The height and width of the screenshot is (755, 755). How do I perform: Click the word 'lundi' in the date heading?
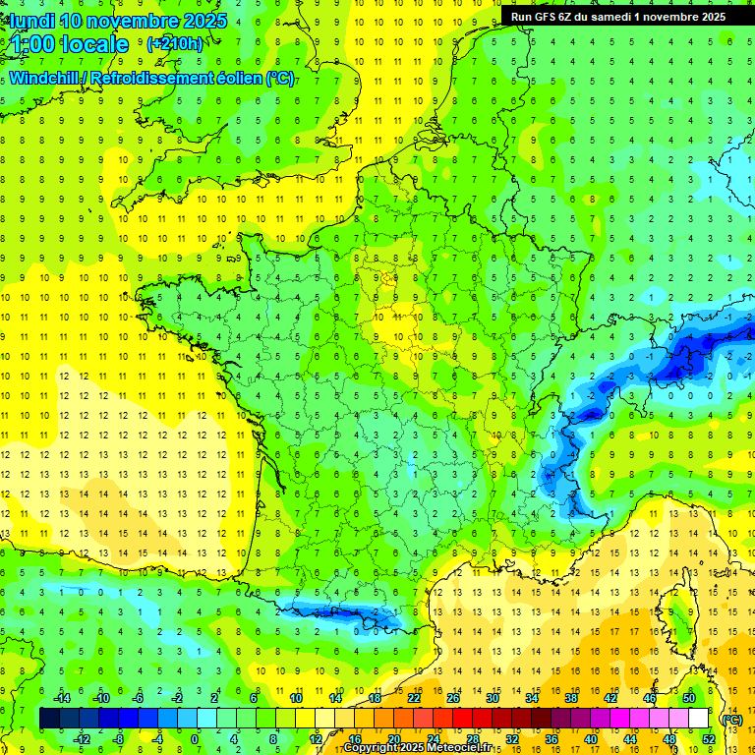click(31, 20)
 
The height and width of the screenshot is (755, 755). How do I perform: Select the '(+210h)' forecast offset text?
click(176, 43)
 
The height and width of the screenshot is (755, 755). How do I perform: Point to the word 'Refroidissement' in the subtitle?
click(158, 79)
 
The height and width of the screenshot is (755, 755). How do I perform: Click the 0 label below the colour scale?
click(194, 738)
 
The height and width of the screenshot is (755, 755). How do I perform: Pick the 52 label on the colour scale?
click(708, 738)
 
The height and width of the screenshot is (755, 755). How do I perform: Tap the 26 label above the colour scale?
click(453, 698)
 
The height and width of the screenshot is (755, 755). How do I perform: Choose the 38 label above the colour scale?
click(570, 698)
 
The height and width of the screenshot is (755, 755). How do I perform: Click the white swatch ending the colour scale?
click(698, 719)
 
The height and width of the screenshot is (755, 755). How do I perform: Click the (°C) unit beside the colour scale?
click(731, 719)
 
